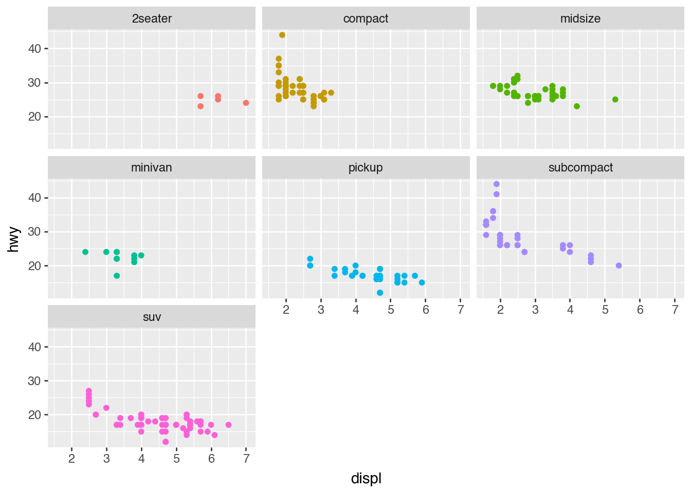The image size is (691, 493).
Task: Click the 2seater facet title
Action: (x=152, y=18)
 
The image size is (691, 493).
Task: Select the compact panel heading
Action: (x=366, y=18)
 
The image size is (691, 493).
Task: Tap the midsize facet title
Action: (x=580, y=18)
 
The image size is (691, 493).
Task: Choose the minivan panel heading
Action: (x=152, y=167)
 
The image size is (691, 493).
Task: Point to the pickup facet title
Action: (x=366, y=167)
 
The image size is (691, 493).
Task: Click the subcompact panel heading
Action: (x=580, y=167)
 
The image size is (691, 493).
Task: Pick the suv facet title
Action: (x=152, y=317)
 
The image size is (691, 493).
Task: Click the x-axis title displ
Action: (x=366, y=478)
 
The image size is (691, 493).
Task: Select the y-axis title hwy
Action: (x=14, y=239)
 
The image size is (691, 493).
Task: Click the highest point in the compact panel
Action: (x=282, y=35)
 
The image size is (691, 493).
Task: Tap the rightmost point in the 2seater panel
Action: (x=246, y=103)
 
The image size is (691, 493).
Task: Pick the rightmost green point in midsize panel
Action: (x=615, y=100)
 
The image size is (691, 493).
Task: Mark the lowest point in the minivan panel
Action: (x=117, y=276)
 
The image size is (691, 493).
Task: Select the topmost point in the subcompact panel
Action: (x=497, y=184)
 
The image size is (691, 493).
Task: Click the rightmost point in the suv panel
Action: (x=228, y=425)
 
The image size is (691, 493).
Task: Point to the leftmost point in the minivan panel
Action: (x=85, y=252)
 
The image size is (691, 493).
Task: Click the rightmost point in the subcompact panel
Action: (x=619, y=266)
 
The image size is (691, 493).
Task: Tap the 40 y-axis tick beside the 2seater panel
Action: (x=34, y=48)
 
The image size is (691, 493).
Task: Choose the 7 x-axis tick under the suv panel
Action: (x=246, y=459)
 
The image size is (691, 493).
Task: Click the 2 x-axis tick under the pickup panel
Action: (x=286, y=310)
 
